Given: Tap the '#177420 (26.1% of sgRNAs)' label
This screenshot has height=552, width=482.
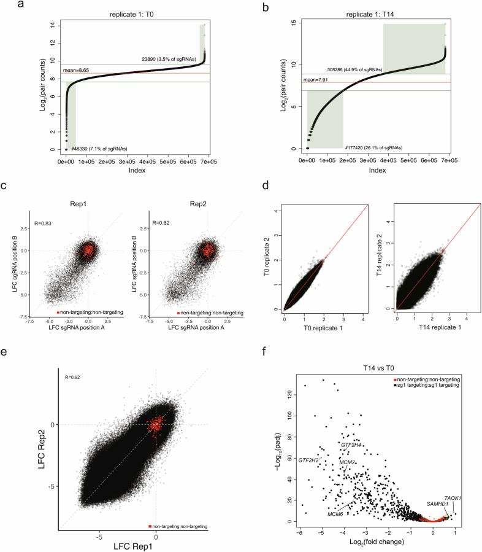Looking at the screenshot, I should point(373,148).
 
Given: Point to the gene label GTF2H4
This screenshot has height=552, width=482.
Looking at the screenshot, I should point(352,445).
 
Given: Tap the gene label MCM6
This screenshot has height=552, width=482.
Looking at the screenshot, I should point(335,514).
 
